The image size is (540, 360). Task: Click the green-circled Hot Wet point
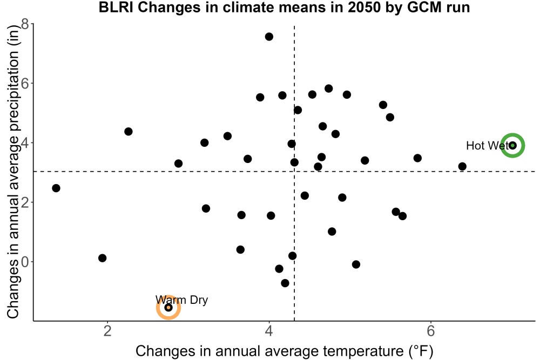[x=512, y=145]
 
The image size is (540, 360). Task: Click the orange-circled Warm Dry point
[x=168, y=307]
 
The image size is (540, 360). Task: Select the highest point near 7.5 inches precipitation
[x=269, y=37]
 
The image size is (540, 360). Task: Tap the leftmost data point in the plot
[x=56, y=188]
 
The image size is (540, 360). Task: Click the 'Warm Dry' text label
[x=181, y=300]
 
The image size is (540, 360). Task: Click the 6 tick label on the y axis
[x=25, y=83]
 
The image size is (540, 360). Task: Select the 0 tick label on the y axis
[x=25, y=262]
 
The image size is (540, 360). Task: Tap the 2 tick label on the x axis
[x=107, y=331]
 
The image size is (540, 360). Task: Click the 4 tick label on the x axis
[x=269, y=331]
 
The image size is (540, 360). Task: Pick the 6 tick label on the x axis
[x=430, y=331]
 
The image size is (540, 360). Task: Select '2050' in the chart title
[x=363, y=7]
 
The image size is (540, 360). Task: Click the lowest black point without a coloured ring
[x=285, y=283]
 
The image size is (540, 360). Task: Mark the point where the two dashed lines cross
[x=294, y=171]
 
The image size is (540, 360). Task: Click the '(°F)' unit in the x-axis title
[x=421, y=351]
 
